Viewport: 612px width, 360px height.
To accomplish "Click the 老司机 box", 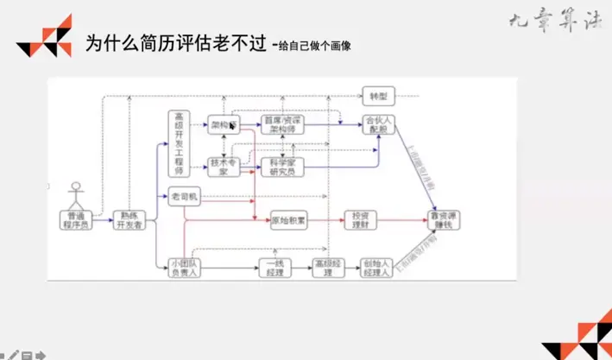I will (x=185, y=197).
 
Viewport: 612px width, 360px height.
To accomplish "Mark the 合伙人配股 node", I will (x=376, y=124).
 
